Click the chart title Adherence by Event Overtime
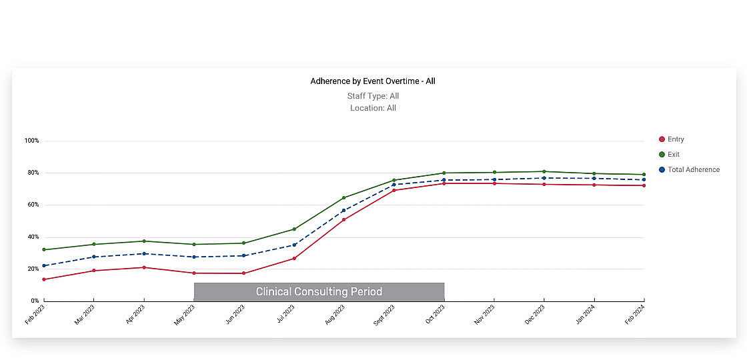click(x=373, y=81)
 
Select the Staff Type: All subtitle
click(x=373, y=96)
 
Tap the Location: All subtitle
click(x=373, y=108)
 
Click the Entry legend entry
click(x=675, y=139)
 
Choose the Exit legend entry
click(x=673, y=155)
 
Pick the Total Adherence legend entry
click(x=693, y=170)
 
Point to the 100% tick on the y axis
click(x=32, y=141)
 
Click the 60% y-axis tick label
click(x=32, y=205)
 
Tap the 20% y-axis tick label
click(x=32, y=269)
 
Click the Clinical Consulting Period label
click(x=319, y=292)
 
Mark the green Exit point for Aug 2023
click(x=343, y=198)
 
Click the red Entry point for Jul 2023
click(x=294, y=259)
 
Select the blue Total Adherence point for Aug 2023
click(x=343, y=211)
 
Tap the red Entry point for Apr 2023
click(x=144, y=267)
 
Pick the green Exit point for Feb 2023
click(x=44, y=250)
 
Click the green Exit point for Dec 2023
click(x=544, y=172)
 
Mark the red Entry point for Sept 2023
click(x=394, y=191)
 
